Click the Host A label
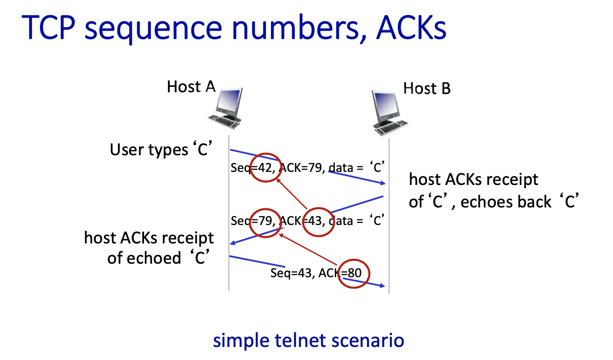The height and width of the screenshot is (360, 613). (x=191, y=86)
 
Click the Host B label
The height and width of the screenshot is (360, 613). (x=427, y=88)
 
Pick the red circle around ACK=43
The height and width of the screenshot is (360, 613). (x=318, y=221)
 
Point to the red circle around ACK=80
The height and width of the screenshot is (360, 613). (x=354, y=273)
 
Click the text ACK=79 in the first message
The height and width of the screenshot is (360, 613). (x=301, y=168)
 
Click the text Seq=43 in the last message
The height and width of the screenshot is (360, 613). (x=291, y=273)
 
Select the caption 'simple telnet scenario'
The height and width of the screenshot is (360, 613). (x=308, y=340)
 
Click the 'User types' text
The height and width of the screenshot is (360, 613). (x=148, y=149)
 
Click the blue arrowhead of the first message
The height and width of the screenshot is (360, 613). (x=383, y=183)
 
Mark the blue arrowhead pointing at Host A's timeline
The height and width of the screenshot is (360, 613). (x=233, y=243)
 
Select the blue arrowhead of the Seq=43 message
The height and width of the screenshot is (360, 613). (x=383, y=286)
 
